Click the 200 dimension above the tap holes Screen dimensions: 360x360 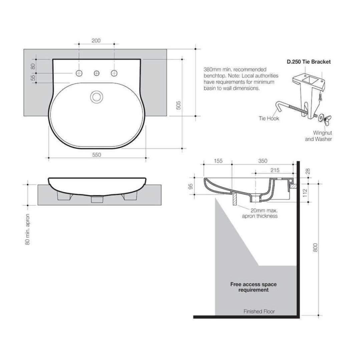pos(96,41)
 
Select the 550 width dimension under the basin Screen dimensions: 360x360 pos(96,154)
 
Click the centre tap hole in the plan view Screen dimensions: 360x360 pos(97,73)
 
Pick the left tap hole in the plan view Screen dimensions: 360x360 pos(79,73)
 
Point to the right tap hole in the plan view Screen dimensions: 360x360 pos(114,73)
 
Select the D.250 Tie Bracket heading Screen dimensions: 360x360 pos(309,62)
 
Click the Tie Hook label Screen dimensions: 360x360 pos(269,118)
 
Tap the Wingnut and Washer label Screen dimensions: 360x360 pos(318,136)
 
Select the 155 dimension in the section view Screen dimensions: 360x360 pos(218,161)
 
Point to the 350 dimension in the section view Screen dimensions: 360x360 pos(263,161)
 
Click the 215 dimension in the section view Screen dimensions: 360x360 pos(275,170)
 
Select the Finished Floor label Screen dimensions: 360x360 pos(259,311)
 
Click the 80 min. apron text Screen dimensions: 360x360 pos(28,229)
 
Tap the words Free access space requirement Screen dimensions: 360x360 pos(253,287)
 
